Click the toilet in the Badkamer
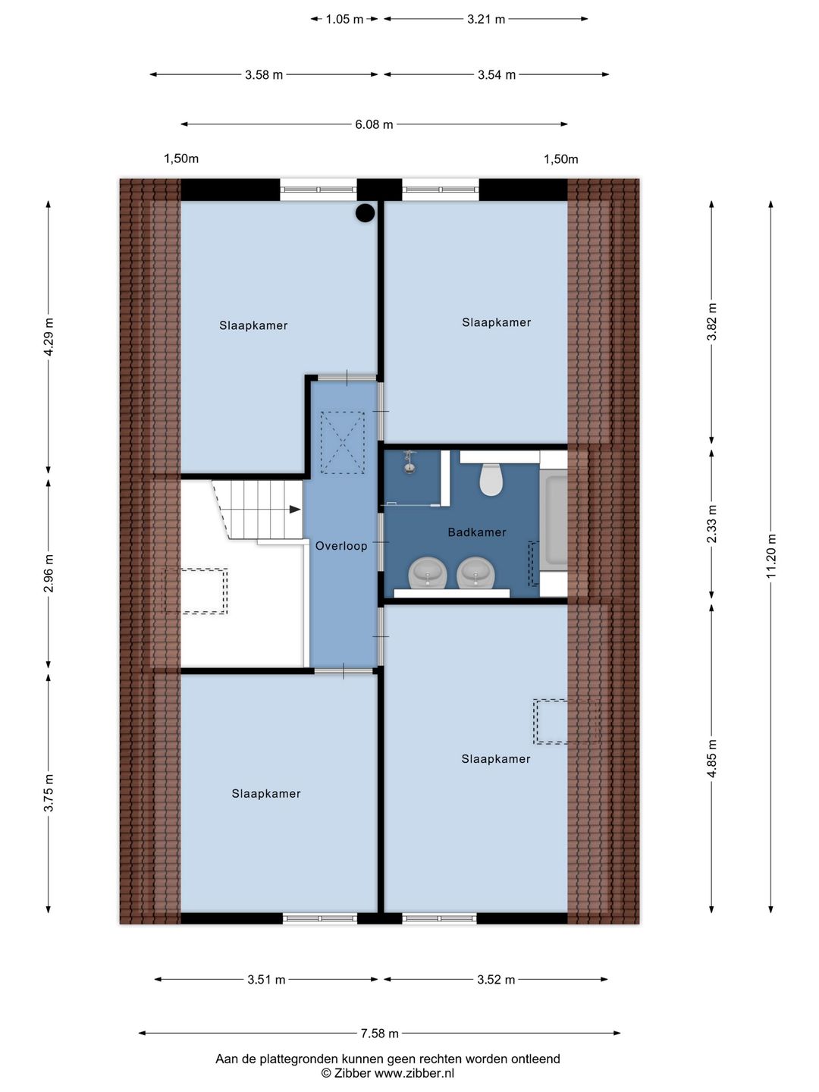tap(491, 479)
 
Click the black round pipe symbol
tap(366, 213)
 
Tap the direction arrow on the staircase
tap(294, 510)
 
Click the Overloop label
tap(341, 546)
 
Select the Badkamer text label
tap(477, 532)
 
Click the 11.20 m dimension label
tap(771, 556)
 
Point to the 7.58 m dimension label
tap(379, 1034)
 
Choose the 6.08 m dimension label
tap(374, 124)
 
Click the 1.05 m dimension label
tap(344, 19)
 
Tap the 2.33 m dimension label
tap(712, 524)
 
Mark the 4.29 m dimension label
tap(49, 337)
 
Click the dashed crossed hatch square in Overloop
tap(343, 442)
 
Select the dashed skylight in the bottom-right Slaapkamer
tap(551, 721)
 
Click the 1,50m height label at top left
tap(181, 158)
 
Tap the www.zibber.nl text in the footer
tap(414, 1073)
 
